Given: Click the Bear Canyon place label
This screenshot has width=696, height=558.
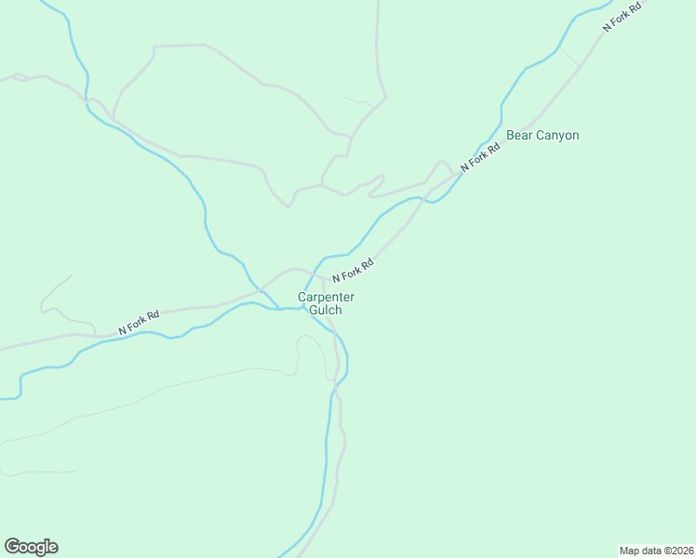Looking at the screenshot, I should coord(542,136).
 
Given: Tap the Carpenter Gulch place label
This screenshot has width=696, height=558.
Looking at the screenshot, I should coord(326,303).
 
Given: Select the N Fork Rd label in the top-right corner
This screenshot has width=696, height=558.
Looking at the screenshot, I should coord(622,17).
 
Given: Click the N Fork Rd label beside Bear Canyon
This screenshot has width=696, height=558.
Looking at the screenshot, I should coord(480,153).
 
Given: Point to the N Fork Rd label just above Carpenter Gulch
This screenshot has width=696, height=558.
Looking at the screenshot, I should coord(353,271).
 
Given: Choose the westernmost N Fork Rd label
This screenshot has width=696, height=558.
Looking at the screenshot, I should coord(139,323).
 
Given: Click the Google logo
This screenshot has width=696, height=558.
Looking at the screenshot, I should coord(31,547).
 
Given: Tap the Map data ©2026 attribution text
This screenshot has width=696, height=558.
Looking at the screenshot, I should coord(656,550).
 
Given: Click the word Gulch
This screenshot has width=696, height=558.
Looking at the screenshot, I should coord(326,310).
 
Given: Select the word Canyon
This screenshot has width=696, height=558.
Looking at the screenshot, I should coord(556,136).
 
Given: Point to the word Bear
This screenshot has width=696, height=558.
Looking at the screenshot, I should coord(518,136).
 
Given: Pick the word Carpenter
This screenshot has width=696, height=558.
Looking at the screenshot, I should coord(326,298).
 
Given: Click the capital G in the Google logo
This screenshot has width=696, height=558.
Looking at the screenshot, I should coord(12,546).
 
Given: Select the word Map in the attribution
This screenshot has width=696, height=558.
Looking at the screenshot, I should coord(631,550).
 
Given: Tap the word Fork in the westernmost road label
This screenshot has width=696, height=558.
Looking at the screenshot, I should coord(138,323).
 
